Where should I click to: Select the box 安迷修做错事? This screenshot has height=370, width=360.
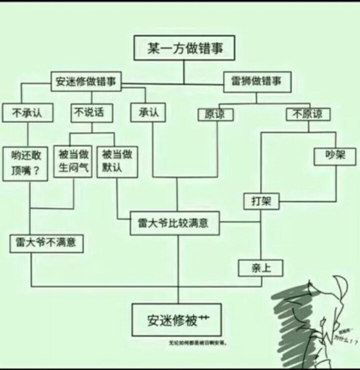pos(86,81)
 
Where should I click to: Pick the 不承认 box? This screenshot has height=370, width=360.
pos(22,113)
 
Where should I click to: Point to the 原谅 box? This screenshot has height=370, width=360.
pos(215,114)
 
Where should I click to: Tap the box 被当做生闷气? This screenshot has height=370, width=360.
pos(74,161)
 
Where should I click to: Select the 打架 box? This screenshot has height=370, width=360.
pos(261,201)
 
